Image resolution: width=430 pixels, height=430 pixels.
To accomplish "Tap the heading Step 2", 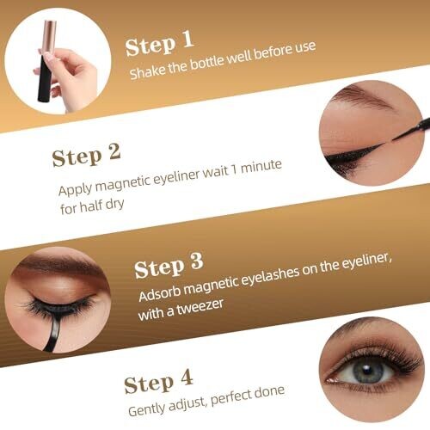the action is click(x=86, y=155).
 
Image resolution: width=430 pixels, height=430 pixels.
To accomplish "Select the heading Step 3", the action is click(x=169, y=265).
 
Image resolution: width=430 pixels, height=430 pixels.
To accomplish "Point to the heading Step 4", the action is click(x=158, y=381).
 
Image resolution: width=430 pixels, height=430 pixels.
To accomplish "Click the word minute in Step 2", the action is click(x=261, y=167).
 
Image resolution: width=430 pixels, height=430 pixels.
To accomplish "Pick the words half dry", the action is click(x=101, y=206).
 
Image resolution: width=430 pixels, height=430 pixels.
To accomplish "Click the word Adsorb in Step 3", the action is click(x=159, y=292).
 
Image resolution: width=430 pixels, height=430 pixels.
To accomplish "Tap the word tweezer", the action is click(x=200, y=307).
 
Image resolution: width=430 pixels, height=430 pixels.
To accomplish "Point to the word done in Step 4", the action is click(x=269, y=391).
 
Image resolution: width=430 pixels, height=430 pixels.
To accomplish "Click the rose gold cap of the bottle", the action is click(x=49, y=38).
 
